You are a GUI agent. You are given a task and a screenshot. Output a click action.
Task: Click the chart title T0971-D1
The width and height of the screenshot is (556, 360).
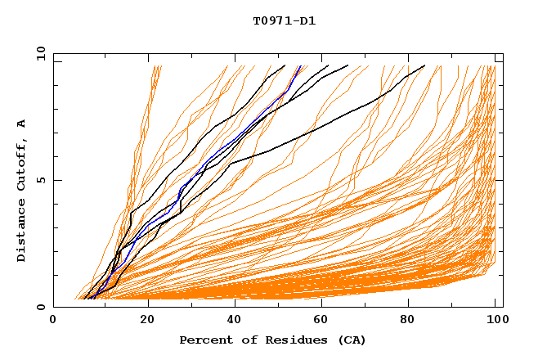click(x=284, y=21)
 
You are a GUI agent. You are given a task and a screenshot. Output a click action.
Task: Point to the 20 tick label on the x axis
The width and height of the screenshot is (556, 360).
click(x=148, y=321)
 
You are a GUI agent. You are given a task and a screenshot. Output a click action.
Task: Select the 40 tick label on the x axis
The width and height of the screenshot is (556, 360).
click(x=236, y=321)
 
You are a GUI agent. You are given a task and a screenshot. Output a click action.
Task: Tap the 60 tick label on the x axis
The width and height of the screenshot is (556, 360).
click(x=325, y=321)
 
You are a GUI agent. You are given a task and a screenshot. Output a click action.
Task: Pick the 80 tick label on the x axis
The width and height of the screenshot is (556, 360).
click(x=413, y=321)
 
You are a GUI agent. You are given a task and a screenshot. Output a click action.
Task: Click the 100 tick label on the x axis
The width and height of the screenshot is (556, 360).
click(x=498, y=321)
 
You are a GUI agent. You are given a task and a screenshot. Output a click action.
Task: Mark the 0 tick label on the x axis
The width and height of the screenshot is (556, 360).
click(x=53, y=321)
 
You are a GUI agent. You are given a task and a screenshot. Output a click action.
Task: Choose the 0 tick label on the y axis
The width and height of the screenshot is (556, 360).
click(x=39, y=308)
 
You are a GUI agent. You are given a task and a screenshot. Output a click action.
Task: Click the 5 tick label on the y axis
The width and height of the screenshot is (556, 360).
click(x=39, y=180)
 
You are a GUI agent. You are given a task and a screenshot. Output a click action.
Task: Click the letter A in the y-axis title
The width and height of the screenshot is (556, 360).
click(x=22, y=124)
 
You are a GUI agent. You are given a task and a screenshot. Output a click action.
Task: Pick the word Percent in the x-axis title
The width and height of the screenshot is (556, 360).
click(x=205, y=340)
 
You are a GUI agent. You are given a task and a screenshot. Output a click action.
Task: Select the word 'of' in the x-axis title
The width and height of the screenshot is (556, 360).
click(x=248, y=340)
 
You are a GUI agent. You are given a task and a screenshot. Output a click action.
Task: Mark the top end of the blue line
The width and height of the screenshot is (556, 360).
click(x=300, y=65)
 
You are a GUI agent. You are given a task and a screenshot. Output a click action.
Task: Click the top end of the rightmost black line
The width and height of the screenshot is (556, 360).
click(x=425, y=65)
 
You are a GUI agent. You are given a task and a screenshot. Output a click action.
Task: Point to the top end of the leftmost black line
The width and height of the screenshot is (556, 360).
click(x=285, y=65)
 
